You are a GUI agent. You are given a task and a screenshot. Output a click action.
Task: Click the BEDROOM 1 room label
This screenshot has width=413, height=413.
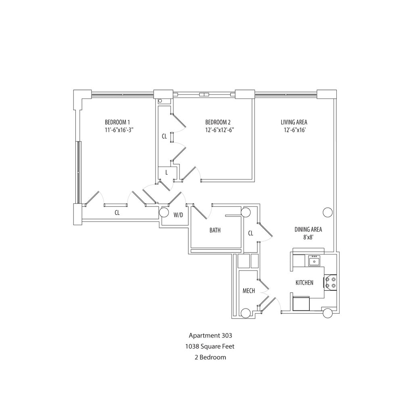coord(117,122)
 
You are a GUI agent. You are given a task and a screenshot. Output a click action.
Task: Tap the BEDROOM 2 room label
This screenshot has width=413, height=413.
coord(218,122)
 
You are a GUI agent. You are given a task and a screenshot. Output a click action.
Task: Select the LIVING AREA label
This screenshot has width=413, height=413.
coord(294,122)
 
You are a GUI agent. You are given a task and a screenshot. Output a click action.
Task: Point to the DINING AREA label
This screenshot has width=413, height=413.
coord(308,229)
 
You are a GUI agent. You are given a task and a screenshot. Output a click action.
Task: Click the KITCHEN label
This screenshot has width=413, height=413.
coord(305,283)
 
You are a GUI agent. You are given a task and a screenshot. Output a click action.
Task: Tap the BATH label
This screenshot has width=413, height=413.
coord(215,231)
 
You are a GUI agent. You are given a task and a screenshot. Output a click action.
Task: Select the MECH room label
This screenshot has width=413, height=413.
coord(248,291)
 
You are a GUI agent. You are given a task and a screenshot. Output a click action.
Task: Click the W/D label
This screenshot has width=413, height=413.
coord(178,215)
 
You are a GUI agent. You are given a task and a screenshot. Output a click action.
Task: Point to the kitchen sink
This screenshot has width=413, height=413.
coord(314,261)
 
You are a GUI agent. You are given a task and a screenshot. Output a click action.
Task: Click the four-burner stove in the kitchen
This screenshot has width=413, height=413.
coord(331,282)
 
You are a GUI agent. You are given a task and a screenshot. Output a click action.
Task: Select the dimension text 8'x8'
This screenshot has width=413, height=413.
coord(308,238)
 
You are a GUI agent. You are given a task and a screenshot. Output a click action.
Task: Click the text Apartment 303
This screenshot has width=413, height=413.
coord(210,335)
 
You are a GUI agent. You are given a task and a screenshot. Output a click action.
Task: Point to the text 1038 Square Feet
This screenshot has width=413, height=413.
coord(210,346)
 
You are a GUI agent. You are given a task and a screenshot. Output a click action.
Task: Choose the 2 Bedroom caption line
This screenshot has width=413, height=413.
coord(210,357)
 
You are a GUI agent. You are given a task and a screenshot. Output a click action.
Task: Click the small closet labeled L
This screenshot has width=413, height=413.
coord(166,172)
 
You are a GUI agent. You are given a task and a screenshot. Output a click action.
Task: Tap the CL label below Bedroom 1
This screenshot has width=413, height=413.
coord(117,213)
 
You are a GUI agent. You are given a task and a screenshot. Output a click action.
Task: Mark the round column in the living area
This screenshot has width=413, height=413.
coord(327,212)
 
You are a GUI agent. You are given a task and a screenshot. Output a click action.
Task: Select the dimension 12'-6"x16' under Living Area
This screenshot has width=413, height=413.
coord(294,130)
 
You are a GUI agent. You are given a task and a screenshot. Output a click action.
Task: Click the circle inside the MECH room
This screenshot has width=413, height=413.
coord(245,313)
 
